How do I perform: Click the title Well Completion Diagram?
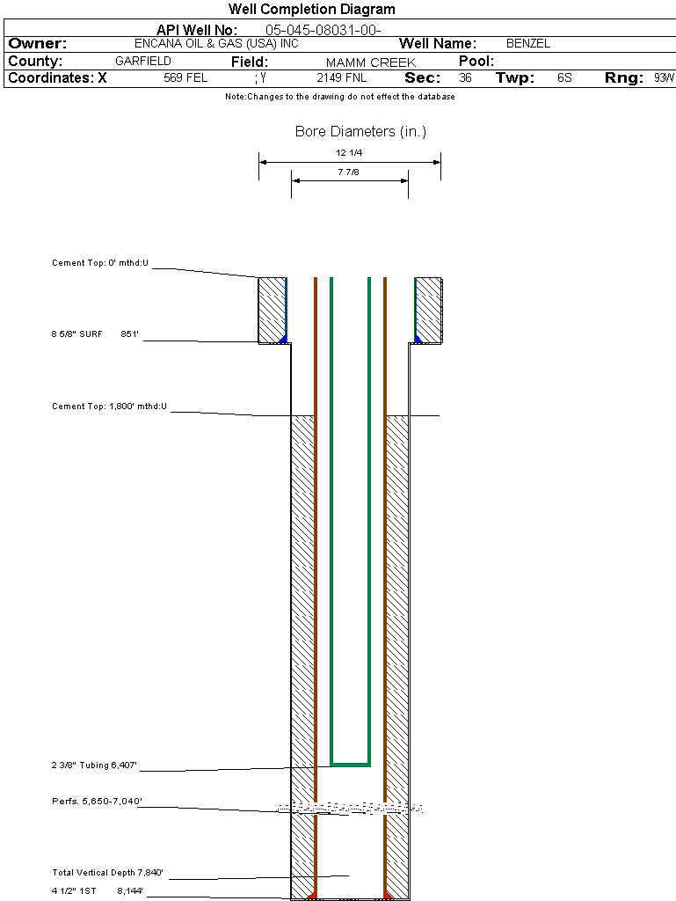click(311, 10)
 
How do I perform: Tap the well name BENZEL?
click(527, 43)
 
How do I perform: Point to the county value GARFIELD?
click(143, 62)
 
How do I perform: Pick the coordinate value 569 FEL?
click(185, 78)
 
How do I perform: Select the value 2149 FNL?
click(341, 78)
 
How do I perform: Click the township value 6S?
click(564, 78)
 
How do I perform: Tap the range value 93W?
click(664, 78)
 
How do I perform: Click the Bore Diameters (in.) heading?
click(360, 132)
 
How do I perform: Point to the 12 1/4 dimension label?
click(349, 153)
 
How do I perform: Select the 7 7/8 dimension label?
click(349, 172)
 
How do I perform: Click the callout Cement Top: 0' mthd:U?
click(101, 263)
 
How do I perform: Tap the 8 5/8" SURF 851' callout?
click(96, 334)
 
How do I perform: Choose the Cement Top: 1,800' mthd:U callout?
click(109, 407)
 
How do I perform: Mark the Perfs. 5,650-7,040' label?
click(97, 802)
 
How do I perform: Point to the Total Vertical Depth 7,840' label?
click(107, 873)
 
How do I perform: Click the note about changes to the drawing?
click(339, 97)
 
